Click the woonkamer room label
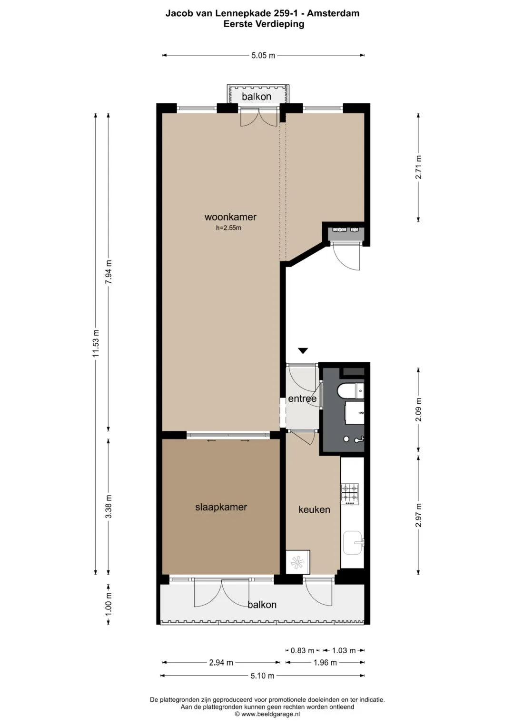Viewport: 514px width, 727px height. click(230, 217)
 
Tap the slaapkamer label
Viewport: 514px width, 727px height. click(221, 507)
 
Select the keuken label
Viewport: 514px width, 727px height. click(314, 509)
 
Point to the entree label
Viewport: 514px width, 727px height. click(302, 399)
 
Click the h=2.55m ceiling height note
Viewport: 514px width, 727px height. click(228, 228)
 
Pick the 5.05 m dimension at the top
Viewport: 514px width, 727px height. click(263, 56)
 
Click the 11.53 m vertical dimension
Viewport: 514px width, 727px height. click(96, 343)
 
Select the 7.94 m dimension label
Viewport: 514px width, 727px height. click(109, 272)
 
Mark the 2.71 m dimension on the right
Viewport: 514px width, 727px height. click(419, 167)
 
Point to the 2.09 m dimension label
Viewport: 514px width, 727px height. click(419, 409)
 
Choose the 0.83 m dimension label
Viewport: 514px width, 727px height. click(302, 650)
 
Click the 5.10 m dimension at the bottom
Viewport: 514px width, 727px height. click(262, 676)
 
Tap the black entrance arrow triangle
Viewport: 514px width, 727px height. click(303, 350)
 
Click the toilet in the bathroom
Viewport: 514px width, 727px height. click(350, 391)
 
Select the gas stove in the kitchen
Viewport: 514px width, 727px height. click(350, 494)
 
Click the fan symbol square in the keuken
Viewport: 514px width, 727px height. click(298, 562)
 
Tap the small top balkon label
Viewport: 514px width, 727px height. click(257, 97)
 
